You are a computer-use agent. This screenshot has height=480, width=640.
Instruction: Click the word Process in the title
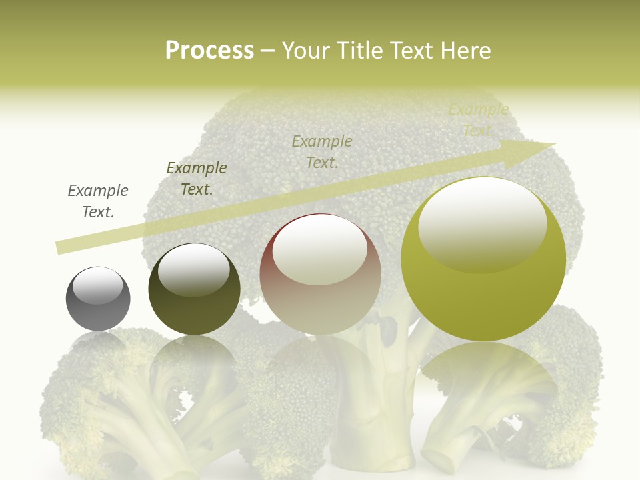pos(209,51)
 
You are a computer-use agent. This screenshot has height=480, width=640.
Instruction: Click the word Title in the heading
pos(361,51)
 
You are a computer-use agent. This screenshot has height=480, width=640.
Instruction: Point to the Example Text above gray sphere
pos(98,201)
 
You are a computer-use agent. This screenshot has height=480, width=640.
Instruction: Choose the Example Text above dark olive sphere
pos(197,179)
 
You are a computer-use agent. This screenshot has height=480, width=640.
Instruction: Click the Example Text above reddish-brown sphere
pos(322,152)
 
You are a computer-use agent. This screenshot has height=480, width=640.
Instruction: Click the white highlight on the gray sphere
pos(97,285)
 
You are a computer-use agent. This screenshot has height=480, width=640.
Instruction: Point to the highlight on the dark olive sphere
pos(193,269)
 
